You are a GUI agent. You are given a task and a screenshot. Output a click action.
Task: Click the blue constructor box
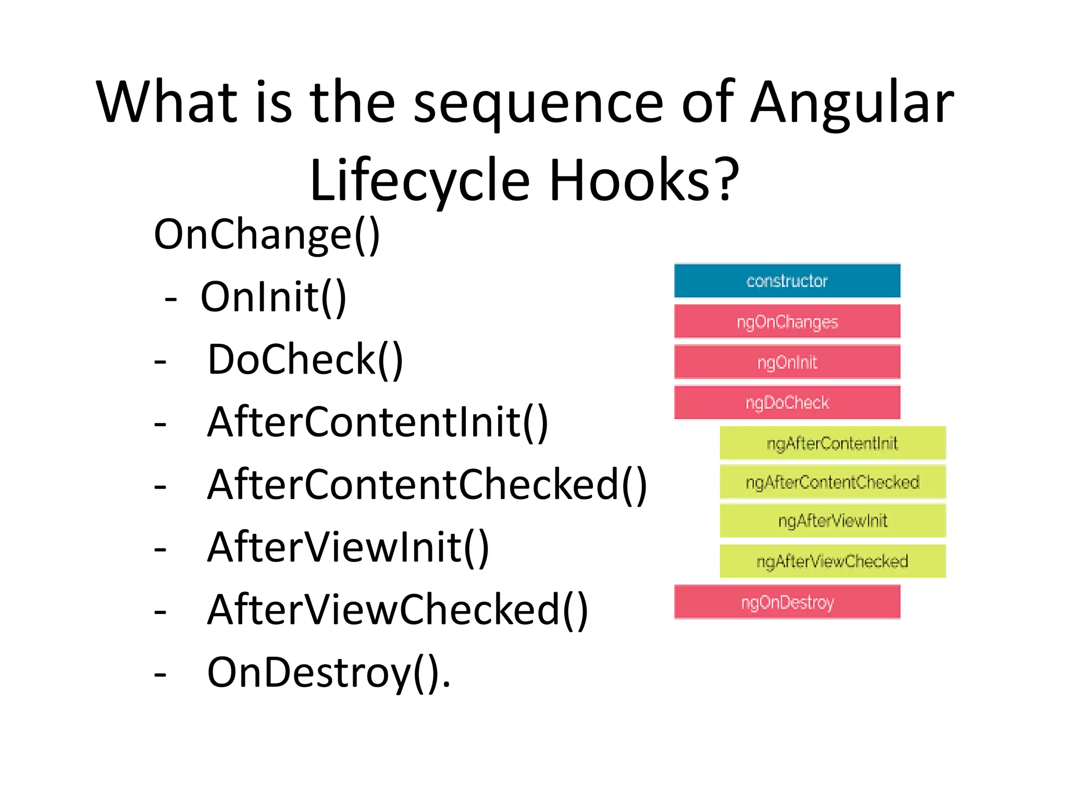click(787, 281)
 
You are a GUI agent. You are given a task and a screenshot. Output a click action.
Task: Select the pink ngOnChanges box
click(787, 321)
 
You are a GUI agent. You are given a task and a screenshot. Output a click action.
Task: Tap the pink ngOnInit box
click(787, 362)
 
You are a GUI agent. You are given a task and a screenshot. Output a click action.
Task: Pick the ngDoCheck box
click(787, 402)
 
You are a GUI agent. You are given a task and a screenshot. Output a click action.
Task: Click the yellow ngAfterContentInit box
click(832, 443)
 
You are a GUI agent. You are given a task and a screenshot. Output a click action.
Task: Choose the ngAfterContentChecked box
click(832, 482)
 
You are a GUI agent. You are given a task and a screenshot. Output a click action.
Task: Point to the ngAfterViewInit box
click(832, 520)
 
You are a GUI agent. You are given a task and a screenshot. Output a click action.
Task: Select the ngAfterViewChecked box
click(832, 561)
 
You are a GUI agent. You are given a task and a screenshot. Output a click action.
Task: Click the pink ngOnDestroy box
click(787, 602)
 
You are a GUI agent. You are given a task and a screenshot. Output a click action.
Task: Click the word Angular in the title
click(852, 103)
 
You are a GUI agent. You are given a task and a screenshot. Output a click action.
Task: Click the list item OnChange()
click(267, 235)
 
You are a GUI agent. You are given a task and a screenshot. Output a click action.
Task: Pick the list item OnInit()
click(273, 297)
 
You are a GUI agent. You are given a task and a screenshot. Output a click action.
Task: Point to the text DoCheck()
click(305, 360)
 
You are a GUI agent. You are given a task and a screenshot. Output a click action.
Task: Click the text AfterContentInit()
click(378, 422)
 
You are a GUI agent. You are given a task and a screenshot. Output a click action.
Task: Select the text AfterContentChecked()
click(427, 485)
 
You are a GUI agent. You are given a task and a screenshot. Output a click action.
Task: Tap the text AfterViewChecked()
click(398, 610)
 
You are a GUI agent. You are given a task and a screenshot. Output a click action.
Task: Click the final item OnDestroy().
click(328, 673)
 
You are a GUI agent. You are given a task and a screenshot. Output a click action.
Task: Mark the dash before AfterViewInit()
click(160, 549)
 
